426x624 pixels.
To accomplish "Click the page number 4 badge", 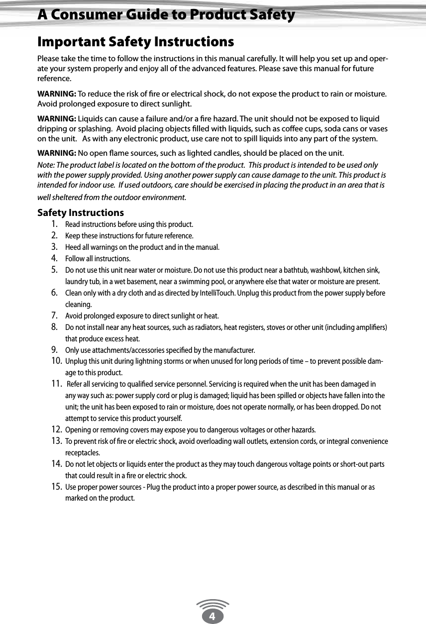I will (x=213, y=617).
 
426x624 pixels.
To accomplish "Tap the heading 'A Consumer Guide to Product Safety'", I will (x=166, y=15).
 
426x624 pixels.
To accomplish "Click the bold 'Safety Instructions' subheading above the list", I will (x=81, y=213).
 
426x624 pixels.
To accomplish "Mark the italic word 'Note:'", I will (x=46, y=165).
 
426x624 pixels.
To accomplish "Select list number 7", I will (x=55, y=315).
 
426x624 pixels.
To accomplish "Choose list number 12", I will (x=56, y=429).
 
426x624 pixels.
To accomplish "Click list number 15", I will (x=56, y=486).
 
